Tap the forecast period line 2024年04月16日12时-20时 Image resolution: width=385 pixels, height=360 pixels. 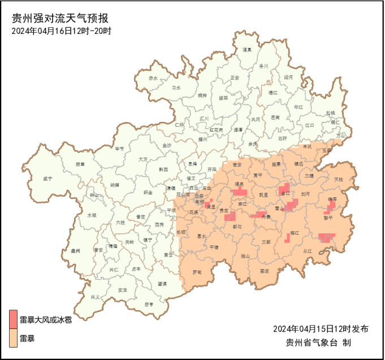61,31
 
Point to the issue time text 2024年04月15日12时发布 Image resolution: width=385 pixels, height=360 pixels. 321,329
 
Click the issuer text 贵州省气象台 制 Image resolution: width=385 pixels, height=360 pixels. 319,342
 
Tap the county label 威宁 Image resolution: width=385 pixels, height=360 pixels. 47,179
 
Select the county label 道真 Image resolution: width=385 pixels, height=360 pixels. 247,50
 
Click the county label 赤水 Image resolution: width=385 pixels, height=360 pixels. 153,78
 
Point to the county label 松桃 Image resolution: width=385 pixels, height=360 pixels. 331,113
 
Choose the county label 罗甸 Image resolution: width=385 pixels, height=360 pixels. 197,272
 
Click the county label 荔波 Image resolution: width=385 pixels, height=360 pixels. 265,271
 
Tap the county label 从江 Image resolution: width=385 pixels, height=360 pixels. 308,251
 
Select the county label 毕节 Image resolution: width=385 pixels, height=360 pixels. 119,149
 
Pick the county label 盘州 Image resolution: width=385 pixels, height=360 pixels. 76,250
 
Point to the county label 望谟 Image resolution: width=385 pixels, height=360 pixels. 162,284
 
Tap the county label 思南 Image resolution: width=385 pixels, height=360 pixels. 275,118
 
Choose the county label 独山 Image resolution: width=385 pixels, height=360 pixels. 245,256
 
